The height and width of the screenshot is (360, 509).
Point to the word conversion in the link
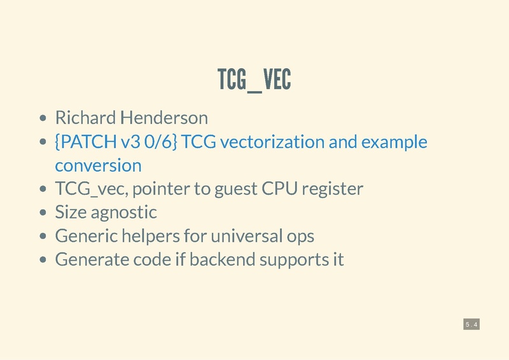pyautogui.click(x=98, y=165)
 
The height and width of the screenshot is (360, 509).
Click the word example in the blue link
pyautogui.click(x=394, y=142)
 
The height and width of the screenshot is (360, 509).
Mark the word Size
pyautogui.click(x=69, y=212)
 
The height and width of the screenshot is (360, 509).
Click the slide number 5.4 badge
pyautogui.click(x=471, y=325)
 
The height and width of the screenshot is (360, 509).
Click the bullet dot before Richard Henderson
pyautogui.click(x=43, y=118)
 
